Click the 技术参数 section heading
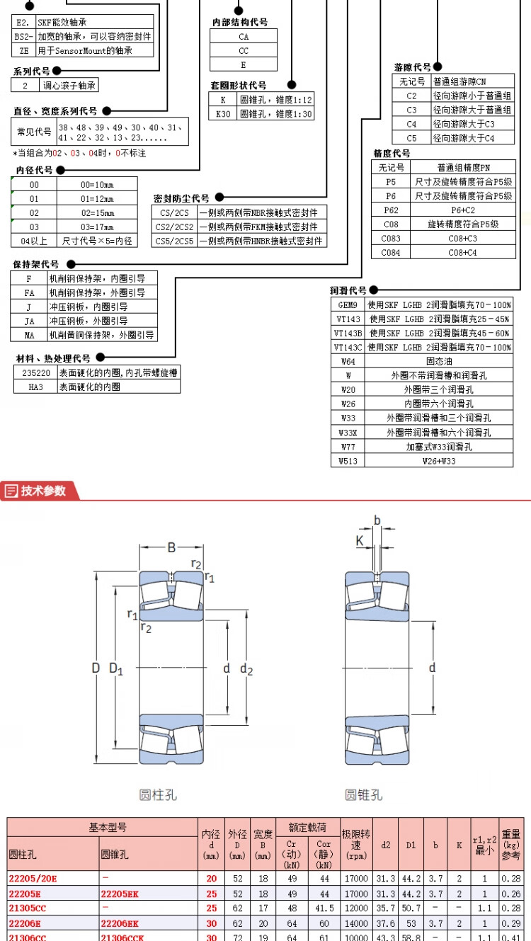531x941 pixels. [42, 491]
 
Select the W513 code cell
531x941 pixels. [348, 460]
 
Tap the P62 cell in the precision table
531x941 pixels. [391, 210]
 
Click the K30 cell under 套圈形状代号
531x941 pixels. [223, 113]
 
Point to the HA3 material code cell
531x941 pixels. [35, 387]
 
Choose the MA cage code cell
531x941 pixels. [29, 335]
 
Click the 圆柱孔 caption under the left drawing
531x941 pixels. [157, 795]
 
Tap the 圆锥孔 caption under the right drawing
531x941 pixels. [363, 795]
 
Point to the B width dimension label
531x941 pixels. [171, 547]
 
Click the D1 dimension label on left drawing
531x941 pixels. [116, 668]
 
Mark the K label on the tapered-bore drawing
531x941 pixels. [360, 540]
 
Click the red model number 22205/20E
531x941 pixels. [33, 879]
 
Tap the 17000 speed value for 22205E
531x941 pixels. [356, 894]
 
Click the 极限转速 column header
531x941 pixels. [356, 845]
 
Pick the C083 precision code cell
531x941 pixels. [391, 239]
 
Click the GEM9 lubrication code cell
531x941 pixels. [348, 304]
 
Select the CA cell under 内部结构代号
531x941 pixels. [244, 36]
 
